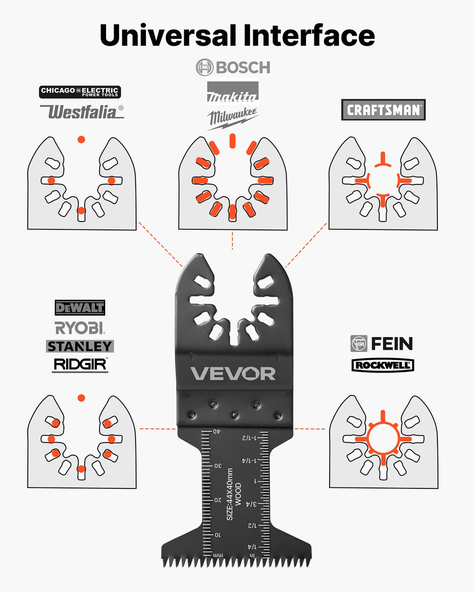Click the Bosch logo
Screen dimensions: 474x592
(233, 67)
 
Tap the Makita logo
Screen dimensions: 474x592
(232, 92)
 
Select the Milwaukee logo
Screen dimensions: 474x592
(232, 118)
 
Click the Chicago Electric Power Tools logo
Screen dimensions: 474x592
(80, 92)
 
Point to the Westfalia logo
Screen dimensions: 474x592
(82, 111)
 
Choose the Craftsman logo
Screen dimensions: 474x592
(383, 110)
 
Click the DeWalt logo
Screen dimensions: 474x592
(80, 308)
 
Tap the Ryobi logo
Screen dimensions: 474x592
(80, 327)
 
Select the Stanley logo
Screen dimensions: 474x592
(80, 346)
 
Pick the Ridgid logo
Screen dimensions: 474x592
(80, 365)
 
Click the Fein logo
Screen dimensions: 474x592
(381, 344)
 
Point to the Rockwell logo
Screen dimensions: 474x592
(383, 365)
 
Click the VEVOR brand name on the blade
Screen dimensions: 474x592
(233, 373)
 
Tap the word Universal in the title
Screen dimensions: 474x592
(168, 35)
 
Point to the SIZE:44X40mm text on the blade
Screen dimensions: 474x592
(230, 494)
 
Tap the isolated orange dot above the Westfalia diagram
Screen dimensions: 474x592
(81, 140)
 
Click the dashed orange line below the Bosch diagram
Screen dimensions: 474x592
(232, 240)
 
